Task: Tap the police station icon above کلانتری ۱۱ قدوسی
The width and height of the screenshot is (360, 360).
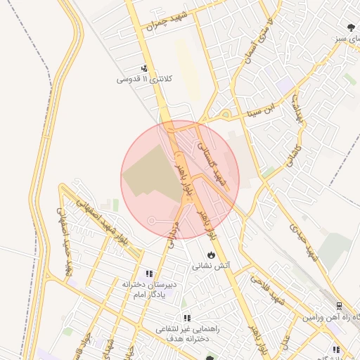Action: [x=144, y=69]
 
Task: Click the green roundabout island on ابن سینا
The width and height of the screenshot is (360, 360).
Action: [x=225, y=114]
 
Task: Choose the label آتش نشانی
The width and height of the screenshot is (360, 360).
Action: [x=212, y=266]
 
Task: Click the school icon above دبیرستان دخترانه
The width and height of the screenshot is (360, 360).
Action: [x=148, y=274]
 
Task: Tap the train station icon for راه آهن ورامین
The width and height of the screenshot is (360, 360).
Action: [x=339, y=306]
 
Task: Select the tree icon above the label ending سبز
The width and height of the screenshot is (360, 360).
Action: [x=350, y=28]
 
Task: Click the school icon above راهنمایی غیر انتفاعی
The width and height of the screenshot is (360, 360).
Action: [x=186, y=318]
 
